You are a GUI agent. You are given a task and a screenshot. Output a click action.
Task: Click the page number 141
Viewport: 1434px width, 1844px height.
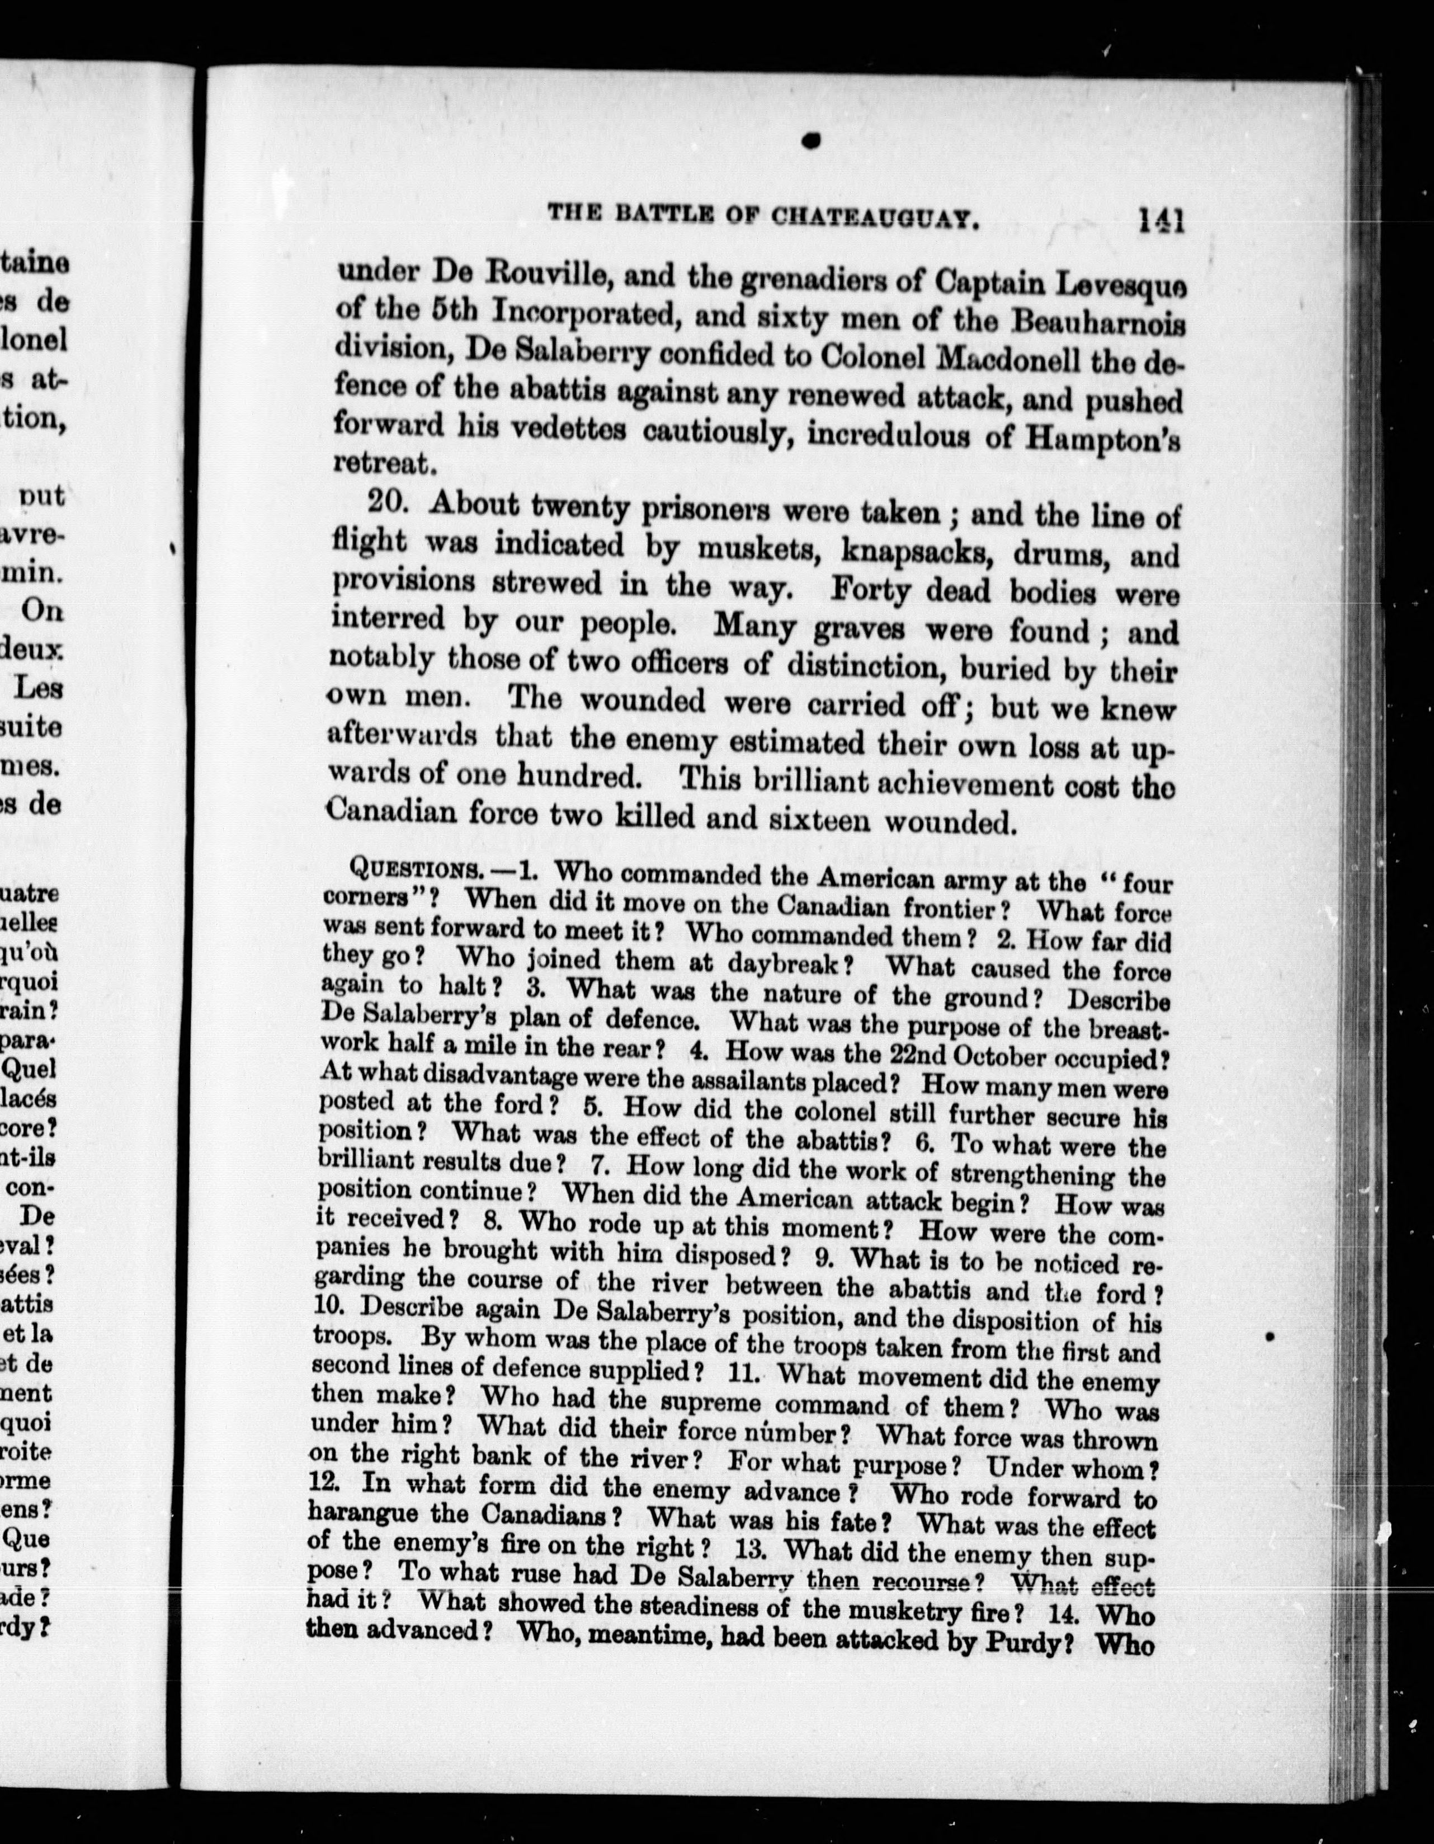coord(1162,221)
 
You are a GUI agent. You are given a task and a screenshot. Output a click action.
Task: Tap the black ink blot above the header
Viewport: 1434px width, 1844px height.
coord(812,142)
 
